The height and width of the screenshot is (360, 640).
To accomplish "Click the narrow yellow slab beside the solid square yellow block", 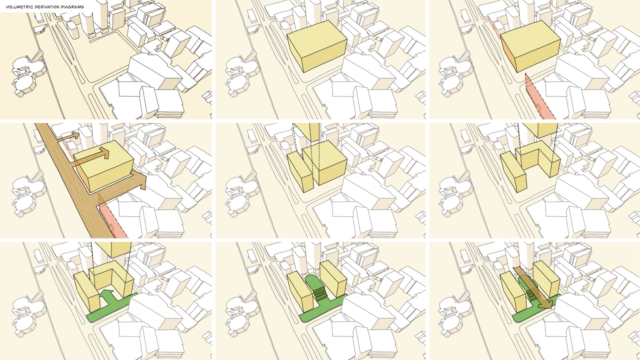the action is pos(300,171).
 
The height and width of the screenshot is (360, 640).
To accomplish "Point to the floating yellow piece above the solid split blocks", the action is pos(306,132).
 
